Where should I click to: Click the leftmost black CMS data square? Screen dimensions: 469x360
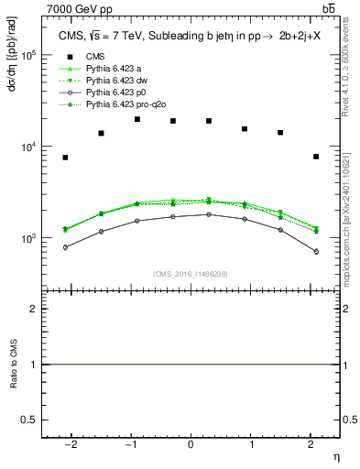pyautogui.click(x=65, y=158)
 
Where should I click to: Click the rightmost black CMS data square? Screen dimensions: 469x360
pyautogui.click(x=315, y=157)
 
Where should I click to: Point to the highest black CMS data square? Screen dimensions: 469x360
pyautogui.click(x=136, y=119)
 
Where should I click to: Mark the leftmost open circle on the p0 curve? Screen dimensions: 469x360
pyautogui.click(x=65, y=247)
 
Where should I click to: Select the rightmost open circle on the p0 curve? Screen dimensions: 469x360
pyautogui.click(x=315, y=251)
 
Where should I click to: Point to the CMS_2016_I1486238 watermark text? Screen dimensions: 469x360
pyautogui.click(x=191, y=274)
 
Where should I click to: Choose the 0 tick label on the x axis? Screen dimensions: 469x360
pyautogui.click(x=191, y=443)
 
